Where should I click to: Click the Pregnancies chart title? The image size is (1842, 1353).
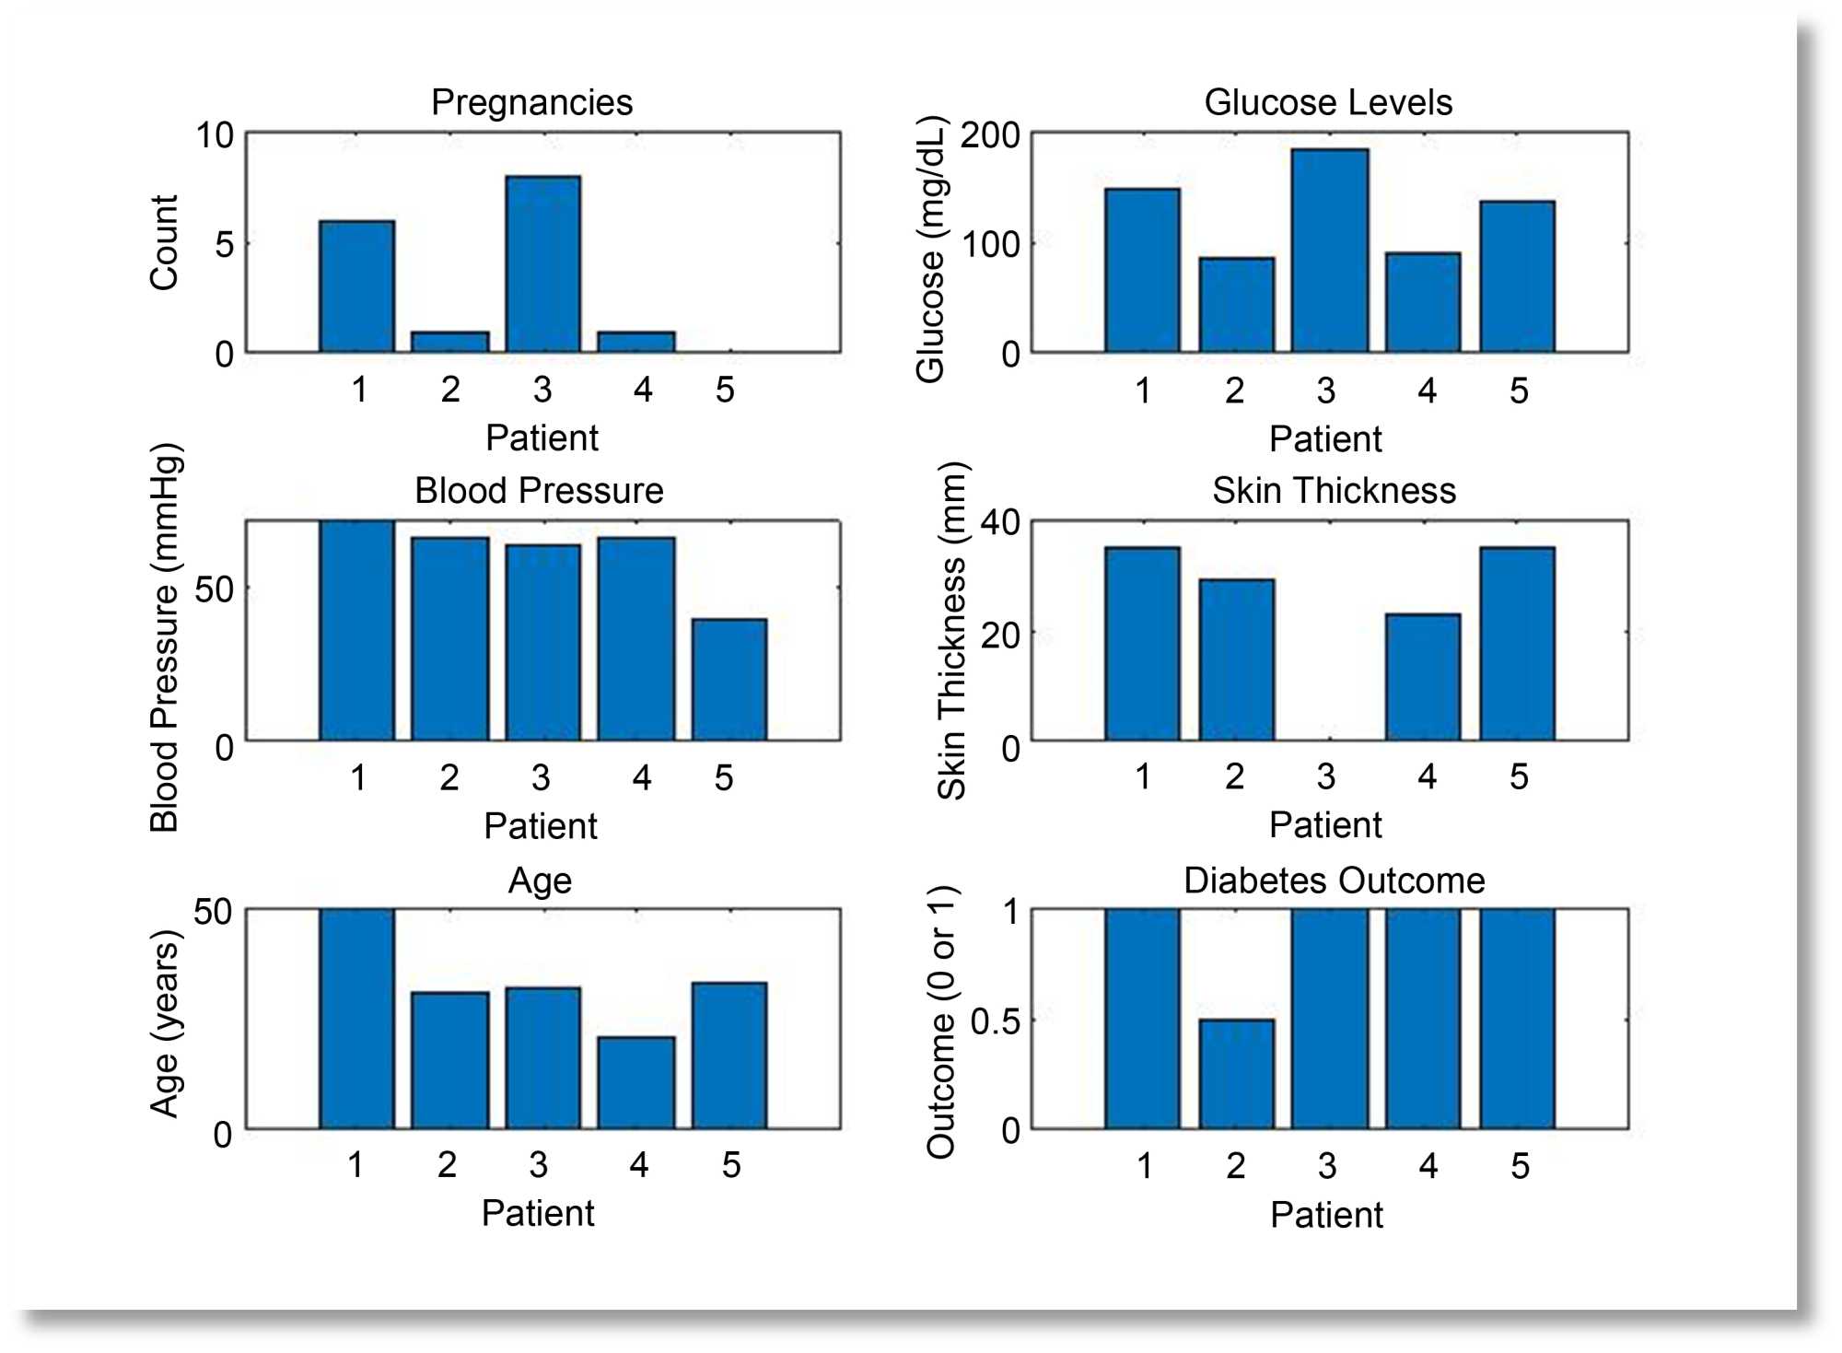coord(531,102)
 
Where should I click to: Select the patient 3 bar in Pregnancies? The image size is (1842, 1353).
coord(542,264)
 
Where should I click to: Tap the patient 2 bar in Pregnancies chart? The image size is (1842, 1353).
coord(449,342)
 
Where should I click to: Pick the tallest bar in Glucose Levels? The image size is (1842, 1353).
coord(1329,251)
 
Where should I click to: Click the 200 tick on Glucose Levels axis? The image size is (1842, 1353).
coord(990,135)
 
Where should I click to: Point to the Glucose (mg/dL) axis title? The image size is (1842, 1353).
coord(931,249)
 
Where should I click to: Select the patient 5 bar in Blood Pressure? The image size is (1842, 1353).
coord(729,680)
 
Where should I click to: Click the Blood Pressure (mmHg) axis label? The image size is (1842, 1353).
coord(166,637)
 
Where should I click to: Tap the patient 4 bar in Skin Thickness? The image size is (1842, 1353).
coord(1422,677)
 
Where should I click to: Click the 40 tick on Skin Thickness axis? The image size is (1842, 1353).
coord(999,522)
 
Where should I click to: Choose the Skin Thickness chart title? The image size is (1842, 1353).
coord(1333,491)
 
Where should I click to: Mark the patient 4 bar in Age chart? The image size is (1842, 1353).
coord(635,1082)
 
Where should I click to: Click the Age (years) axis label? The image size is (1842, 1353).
coord(166,1023)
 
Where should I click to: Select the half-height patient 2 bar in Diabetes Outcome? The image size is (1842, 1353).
coord(1236,1074)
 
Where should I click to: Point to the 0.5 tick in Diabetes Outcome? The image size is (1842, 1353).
coord(995,1021)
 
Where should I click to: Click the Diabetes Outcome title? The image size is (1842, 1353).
coord(1333,881)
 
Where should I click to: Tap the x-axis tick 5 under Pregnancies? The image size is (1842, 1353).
coord(725,390)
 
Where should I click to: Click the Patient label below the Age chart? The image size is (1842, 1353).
coord(537,1213)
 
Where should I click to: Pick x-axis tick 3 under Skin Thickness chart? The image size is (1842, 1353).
coord(1325,776)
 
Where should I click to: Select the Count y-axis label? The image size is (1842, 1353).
coord(164,242)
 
